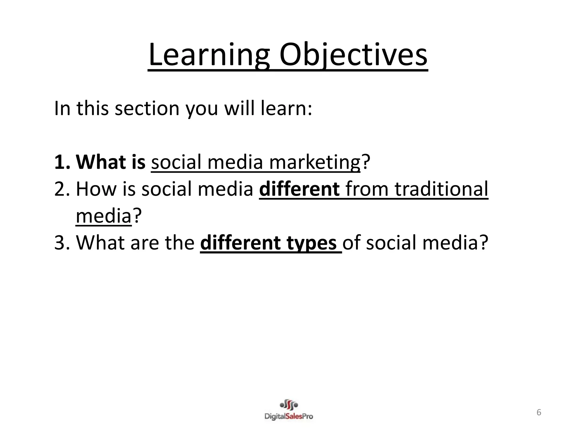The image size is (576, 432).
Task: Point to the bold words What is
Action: coord(111,162)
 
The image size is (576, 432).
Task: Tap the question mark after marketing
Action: coord(365,162)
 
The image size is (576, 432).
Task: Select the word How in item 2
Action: coord(96,189)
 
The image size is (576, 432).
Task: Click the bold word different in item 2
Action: coord(299,189)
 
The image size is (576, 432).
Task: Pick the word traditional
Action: coord(442,189)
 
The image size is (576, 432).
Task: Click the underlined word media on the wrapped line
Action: coord(103,216)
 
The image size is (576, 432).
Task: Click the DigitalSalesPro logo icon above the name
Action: coord(289,405)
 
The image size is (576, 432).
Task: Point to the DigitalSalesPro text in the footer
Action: coord(289,416)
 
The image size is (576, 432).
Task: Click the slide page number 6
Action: coord(539,413)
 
